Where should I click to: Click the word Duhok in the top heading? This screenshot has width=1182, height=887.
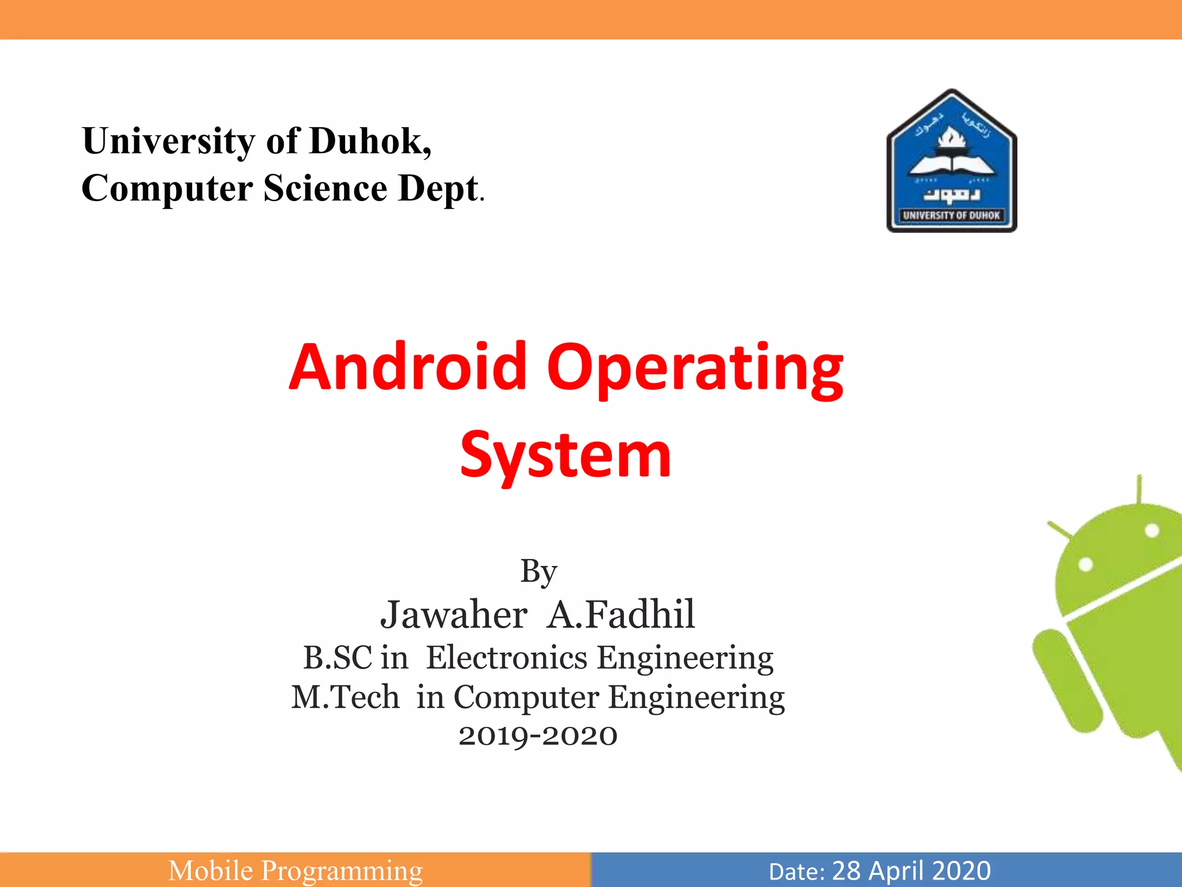[369, 141]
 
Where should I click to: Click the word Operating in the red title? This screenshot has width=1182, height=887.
[695, 370]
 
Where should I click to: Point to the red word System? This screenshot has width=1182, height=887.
[566, 456]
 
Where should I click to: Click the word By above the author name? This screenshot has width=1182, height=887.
[538, 572]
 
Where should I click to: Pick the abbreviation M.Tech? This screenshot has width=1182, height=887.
[345, 697]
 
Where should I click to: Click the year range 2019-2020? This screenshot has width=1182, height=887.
[538, 736]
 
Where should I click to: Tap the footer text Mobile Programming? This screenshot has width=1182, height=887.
[295, 871]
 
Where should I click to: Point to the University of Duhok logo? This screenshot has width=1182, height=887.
[951, 162]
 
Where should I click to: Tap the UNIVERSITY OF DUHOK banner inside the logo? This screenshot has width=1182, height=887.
[951, 215]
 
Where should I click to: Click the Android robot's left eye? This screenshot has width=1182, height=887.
[1086, 564]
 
